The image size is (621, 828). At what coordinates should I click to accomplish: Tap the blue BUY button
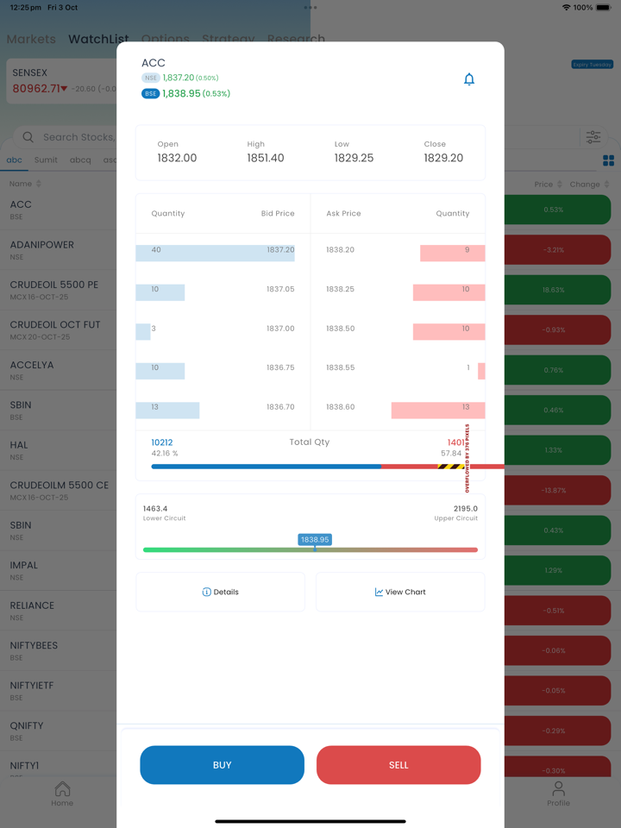pyautogui.click(x=222, y=765)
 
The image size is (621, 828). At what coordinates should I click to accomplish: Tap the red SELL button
pyautogui.click(x=398, y=765)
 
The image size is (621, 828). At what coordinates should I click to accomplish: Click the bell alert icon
pyautogui.click(x=469, y=79)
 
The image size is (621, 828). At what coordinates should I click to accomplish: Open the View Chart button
pyautogui.click(x=400, y=593)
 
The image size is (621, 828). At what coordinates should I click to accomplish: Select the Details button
pyautogui.click(x=220, y=593)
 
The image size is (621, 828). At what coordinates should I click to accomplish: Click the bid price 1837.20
pyautogui.click(x=280, y=250)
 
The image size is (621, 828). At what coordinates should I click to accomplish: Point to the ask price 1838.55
pyautogui.click(x=340, y=367)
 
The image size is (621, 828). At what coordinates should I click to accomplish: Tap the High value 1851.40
pyautogui.click(x=266, y=159)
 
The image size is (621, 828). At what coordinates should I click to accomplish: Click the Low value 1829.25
pyautogui.click(x=354, y=159)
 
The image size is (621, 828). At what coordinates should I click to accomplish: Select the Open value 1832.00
pyautogui.click(x=177, y=159)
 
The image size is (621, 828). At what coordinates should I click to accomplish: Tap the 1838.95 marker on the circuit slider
pyautogui.click(x=315, y=540)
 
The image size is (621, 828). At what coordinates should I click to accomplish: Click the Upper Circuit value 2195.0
pyautogui.click(x=465, y=509)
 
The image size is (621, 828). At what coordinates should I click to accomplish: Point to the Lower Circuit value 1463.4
pyautogui.click(x=155, y=509)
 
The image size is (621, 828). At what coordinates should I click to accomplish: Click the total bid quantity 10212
pyautogui.click(x=162, y=442)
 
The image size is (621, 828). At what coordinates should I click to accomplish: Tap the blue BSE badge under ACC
pyautogui.click(x=151, y=94)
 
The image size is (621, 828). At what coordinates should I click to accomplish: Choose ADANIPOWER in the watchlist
pyautogui.click(x=42, y=245)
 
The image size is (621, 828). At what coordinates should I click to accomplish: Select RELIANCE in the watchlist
pyautogui.click(x=32, y=605)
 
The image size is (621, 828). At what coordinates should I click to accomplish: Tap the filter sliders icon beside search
pyautogui.click(x=593, y=137)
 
